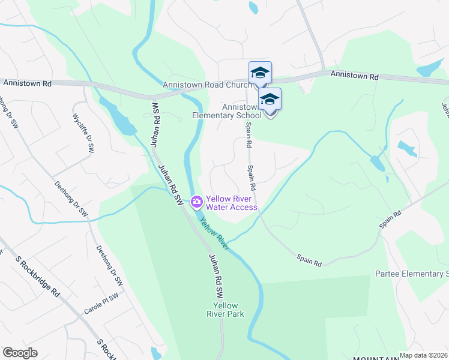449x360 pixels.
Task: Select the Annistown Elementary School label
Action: tap(226, 111)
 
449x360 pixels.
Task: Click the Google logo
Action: tap(20, 353)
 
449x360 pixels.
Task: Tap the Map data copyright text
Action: tap(423, 355)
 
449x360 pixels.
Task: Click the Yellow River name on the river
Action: tap(214, 234)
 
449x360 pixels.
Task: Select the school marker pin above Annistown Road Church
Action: tap(260, 73)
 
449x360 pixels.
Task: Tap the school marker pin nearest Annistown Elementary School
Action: tap(270, 100)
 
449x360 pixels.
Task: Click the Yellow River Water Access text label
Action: tap(232, 203)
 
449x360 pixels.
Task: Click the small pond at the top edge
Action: tap(253, 7)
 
